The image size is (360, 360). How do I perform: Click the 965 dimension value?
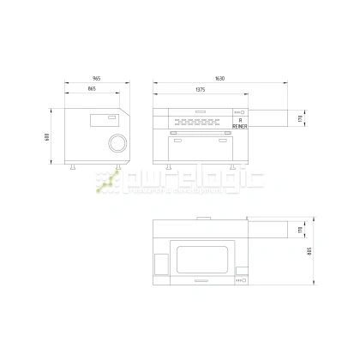(x=96, y=78)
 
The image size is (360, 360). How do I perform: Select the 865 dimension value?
(x=92, y=89)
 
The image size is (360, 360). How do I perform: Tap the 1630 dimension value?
(x=221, y=78)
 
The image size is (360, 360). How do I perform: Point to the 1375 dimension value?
(x=200, y=89)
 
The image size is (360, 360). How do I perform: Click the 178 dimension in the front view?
(x=300, y=118)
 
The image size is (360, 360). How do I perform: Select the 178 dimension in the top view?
(x=300, y=229)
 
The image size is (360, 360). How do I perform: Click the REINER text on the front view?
(x=239, y=126)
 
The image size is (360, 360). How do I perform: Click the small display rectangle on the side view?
(x=111, y=118)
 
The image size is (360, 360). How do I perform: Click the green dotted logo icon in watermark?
(x=108, y=181)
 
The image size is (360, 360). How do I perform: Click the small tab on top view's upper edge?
(x=201, y=219)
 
